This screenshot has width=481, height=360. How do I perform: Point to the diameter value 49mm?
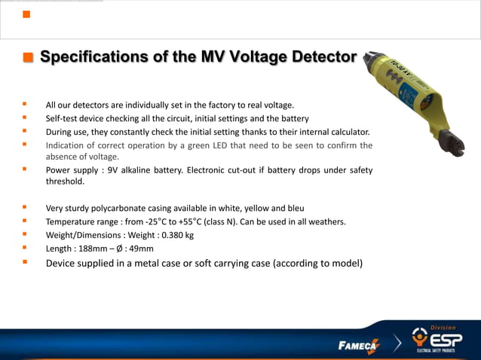(x=142, y=249)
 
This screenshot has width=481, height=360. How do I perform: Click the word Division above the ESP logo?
(x=443, y=328)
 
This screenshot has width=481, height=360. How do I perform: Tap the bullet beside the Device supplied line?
(x=25, y=263)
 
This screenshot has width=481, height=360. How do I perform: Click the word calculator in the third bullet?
(x=348, y=132)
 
